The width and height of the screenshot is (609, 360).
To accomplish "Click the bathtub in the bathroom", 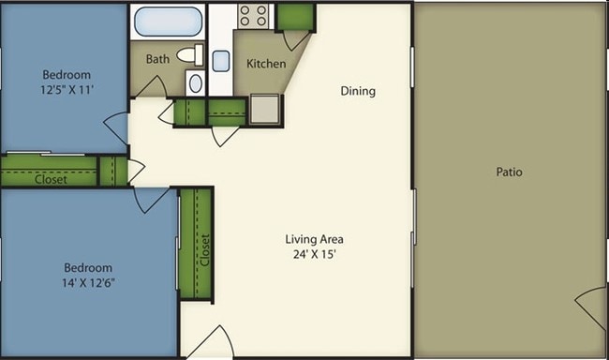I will (168, 21).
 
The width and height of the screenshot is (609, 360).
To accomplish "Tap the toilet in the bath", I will (191, 54).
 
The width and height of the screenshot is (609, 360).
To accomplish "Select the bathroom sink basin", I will (195, 83).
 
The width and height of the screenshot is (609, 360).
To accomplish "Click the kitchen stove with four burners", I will (253, 16).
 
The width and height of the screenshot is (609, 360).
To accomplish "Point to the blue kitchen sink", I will (221, 61).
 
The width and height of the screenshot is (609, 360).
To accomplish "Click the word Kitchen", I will (266, 64).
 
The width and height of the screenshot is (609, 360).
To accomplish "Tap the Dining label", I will (358, 91).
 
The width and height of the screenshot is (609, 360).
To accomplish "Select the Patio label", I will (508, 172).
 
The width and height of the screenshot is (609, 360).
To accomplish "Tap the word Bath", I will (157, 59).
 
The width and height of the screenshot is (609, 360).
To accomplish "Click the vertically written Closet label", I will (205, 249).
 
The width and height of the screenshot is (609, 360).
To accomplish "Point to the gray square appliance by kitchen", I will (265, 110).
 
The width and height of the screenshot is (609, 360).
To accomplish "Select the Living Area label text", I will (314, 239).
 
